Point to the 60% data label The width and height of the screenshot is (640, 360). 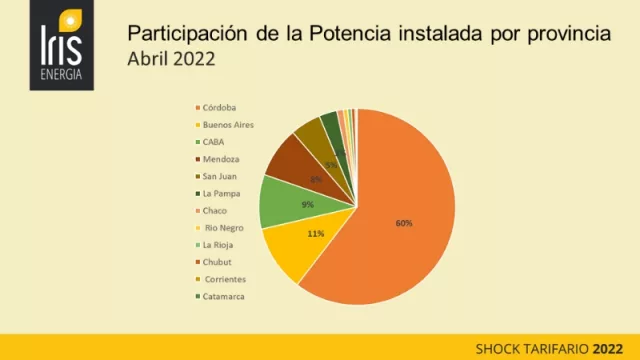point(404,223)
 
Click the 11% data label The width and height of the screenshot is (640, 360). point(315,234)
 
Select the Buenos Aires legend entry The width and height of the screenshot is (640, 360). point(227,124)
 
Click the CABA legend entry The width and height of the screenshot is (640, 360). point(213,142)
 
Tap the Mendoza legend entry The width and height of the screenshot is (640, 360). point(219,159)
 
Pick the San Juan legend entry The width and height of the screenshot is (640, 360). point(220,176)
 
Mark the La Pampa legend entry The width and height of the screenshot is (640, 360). point(221,193)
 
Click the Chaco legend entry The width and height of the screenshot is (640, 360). point(214,210)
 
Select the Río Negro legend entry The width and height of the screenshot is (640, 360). point(221,228)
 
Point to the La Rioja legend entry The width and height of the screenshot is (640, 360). point(219,245)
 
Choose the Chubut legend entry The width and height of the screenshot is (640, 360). point(216,262)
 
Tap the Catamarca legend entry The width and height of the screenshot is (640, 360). point(223,296)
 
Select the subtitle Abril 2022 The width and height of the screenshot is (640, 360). point(171,58)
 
